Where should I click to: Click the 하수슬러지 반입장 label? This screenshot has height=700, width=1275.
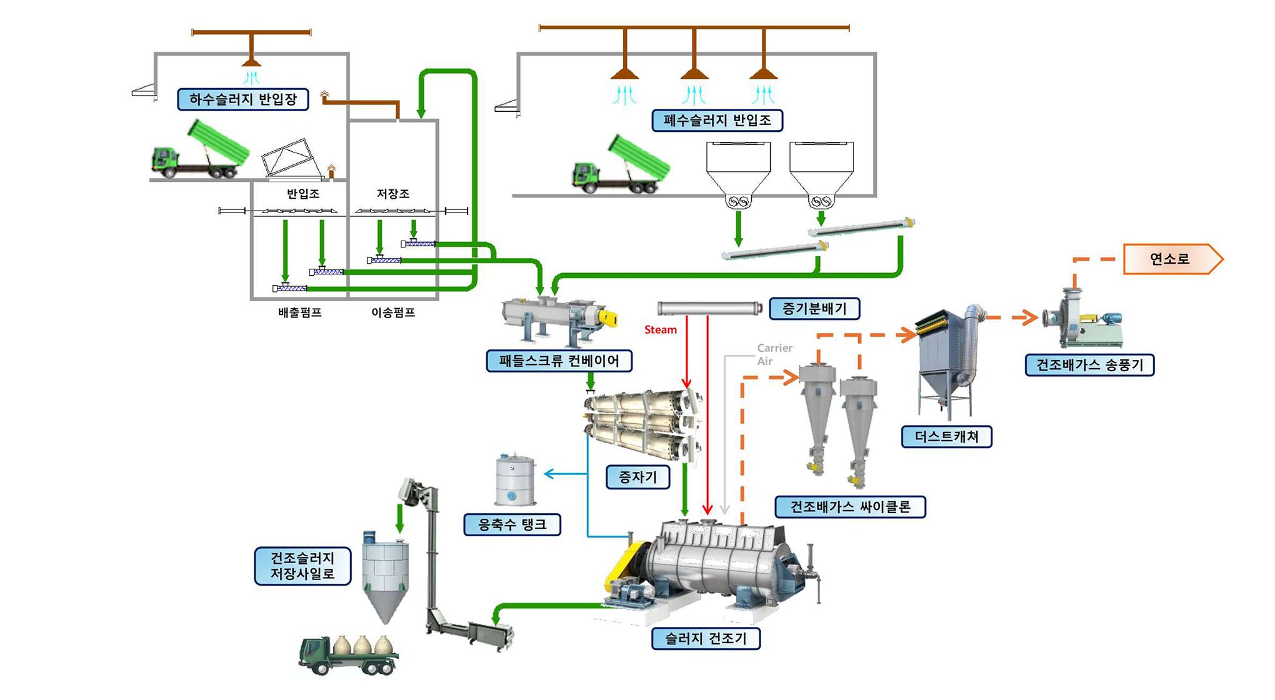click(243, 99)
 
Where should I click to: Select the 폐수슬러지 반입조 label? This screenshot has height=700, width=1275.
click(717, 120)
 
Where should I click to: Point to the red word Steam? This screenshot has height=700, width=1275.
click(661, 329)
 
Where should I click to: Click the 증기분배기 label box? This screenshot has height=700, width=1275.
click(814, 308)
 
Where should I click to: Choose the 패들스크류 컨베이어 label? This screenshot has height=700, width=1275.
click(559, 361)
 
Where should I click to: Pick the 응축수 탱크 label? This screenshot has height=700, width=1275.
click(512, 524)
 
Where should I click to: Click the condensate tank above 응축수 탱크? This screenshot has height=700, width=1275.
click(515, 480)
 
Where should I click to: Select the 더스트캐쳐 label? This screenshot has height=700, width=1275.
click(946, 436)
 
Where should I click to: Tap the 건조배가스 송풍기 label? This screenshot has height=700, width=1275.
click(1089, 365)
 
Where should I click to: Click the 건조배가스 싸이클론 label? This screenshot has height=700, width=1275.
click(850, 506)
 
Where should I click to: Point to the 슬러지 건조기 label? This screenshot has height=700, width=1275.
click(706, 638)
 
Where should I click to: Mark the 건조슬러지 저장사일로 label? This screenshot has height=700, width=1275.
click(302, 566)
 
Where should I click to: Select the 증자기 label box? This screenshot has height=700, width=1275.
click(637, 477)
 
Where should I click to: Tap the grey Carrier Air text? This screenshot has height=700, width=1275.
click(774, 354)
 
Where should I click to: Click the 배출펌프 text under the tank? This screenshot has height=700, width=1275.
click(300, 312)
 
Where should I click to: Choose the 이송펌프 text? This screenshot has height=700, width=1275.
click(393, 312)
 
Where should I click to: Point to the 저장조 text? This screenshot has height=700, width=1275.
click(392, 194)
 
